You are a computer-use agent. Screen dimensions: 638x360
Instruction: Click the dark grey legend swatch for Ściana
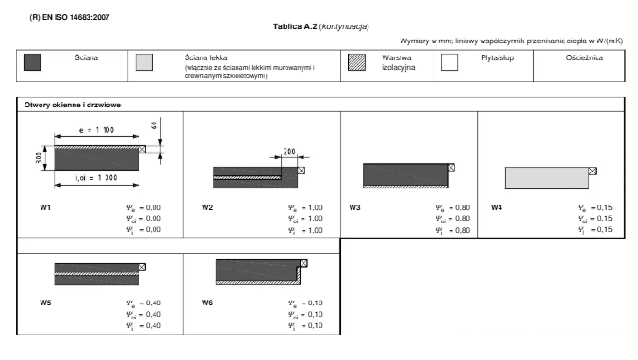[32, 62]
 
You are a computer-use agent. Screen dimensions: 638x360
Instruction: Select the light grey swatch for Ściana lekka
[144, 62]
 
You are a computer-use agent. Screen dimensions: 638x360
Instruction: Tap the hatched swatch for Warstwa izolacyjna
[356, 62]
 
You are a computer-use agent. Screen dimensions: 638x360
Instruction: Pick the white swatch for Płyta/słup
[450, 62]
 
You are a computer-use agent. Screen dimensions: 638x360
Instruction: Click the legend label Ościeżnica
[584, 57]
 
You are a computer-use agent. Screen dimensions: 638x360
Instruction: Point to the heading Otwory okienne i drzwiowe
[73, 105]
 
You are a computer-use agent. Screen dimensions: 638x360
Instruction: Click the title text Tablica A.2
[295, 26]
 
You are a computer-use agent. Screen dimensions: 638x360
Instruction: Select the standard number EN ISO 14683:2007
[76, 17]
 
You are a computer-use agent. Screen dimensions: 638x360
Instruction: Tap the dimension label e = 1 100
[96, 130]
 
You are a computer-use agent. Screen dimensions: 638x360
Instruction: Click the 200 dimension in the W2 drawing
[289, 152]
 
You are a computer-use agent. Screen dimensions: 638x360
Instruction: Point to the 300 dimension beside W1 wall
[39, 157]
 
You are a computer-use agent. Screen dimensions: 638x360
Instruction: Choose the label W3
[354, 207]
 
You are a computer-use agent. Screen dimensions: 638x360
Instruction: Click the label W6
[207, 303]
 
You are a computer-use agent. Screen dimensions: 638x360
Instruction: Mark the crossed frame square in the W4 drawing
[593, 172]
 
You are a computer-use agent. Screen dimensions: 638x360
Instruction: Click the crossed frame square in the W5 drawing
[141, 267]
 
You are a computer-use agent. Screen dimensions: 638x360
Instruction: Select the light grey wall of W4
[547, 178]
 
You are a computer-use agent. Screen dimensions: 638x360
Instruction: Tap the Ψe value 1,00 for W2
[316, 208]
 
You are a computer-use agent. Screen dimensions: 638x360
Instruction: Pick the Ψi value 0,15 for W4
[605, 230]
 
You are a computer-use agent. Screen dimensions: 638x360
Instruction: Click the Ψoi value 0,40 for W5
[154, 314]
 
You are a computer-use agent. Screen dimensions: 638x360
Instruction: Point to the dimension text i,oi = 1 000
[96, 178]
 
